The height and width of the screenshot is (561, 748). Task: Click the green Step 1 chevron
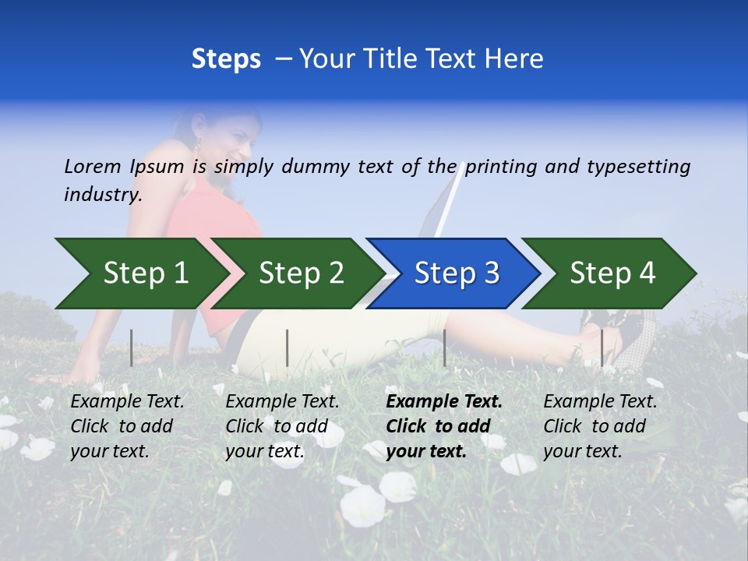140,273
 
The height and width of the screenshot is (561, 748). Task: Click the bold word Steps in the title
226,58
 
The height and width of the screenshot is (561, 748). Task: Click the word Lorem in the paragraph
93,166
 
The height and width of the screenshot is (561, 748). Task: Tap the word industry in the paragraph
102,195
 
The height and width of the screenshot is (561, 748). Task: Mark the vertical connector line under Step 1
132,348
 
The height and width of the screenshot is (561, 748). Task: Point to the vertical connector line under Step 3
444,348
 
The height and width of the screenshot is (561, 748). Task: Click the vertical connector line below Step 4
602,348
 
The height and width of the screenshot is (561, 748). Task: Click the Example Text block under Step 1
127,426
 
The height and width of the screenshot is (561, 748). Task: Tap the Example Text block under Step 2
282,426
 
